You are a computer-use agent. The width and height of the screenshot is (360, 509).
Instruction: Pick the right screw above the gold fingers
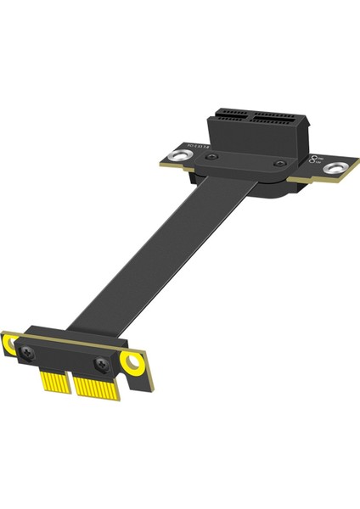tap(102, 364)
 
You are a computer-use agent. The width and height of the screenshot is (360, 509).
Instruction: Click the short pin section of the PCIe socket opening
tap(228, 113)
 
